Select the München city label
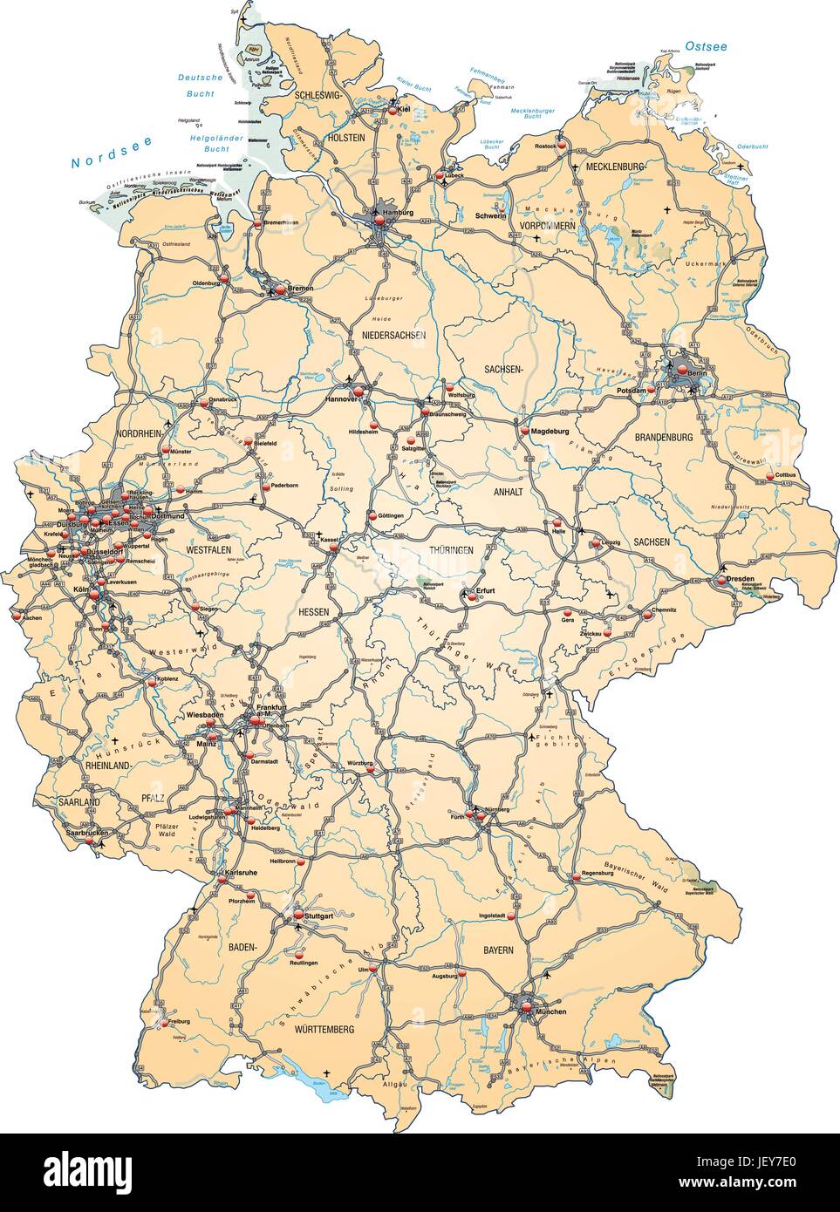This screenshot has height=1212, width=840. click(x=550, y=1011)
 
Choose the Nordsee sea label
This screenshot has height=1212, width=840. click(x=100, y=161)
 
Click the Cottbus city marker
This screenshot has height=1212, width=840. click(x=769, y=475)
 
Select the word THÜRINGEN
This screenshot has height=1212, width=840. click(x=450, y=551)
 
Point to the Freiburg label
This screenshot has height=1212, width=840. click(x=178, y=1020)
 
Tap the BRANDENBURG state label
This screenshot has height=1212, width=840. click(x=664, y=437)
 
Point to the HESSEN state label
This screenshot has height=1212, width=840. click(x=314, y=613)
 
